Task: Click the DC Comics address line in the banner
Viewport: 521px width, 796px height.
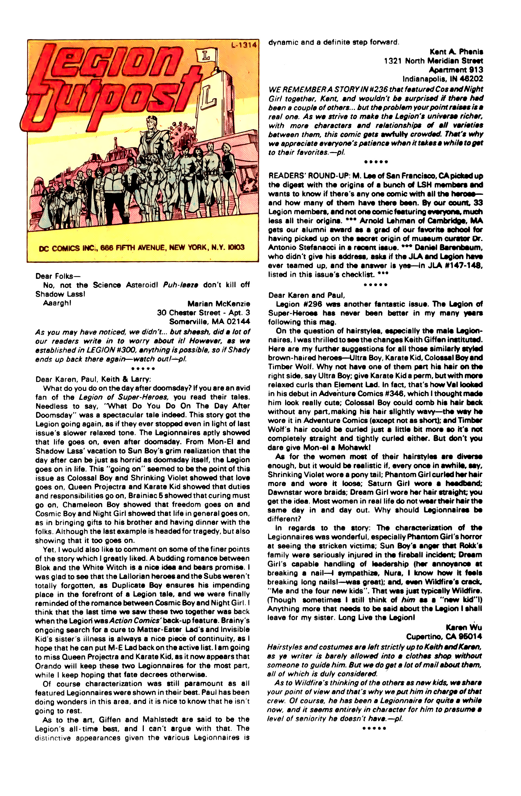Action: pos(142,247)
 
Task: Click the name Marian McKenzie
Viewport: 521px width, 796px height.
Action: pos(218,304)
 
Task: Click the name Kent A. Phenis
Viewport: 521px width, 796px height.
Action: pos(456,52)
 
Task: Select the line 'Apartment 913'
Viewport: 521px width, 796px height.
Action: pos(456,70)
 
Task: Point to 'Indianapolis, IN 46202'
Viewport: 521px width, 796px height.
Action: pos(442,79)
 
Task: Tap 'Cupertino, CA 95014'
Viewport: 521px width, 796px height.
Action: pos(444,637)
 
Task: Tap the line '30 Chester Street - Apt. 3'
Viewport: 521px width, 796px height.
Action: pos(203,313)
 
